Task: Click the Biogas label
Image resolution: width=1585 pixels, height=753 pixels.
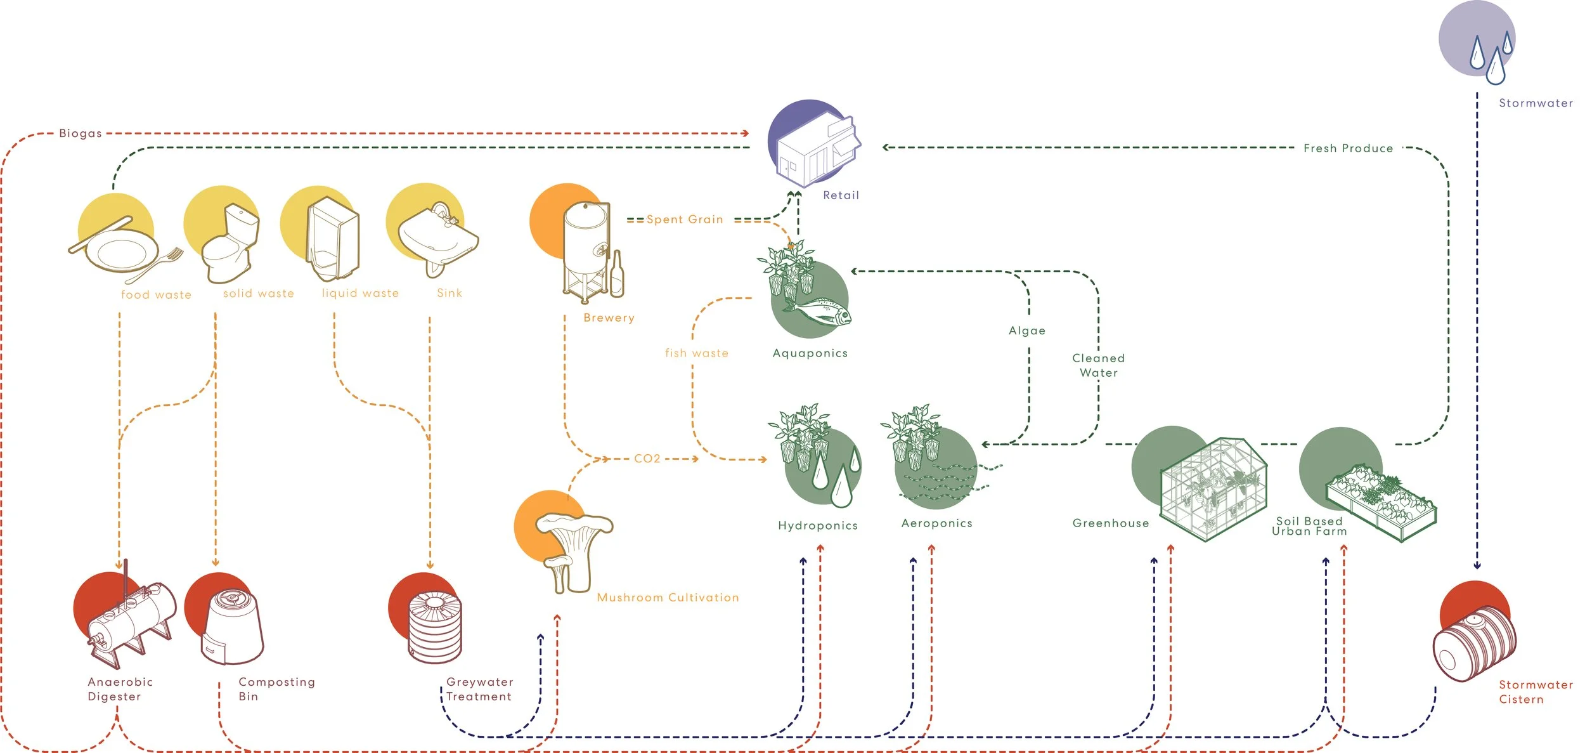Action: [x=80, y=133]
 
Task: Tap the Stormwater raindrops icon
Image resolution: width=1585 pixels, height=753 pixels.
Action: [x=1492, y=58]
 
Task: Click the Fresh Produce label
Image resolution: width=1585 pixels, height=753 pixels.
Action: [x=1348, y=148]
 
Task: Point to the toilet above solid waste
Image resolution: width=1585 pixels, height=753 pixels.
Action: [x=230, y=244]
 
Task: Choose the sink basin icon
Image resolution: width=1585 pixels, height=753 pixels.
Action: [x=439, y=240]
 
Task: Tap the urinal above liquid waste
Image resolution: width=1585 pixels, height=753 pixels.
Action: [x=333, y=239]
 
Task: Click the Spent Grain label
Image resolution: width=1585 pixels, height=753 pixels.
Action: [x=685, y=219]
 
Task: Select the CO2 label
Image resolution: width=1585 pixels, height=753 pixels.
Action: [x=647, y=459]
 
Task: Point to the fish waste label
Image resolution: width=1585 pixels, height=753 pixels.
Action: [x=697, y=353]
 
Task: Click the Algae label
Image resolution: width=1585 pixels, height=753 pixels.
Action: [x=1027, y=331]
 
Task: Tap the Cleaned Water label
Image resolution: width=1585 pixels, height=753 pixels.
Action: [x=1099, y=365]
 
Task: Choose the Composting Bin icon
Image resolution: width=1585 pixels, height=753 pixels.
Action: [x=232, y=628]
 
